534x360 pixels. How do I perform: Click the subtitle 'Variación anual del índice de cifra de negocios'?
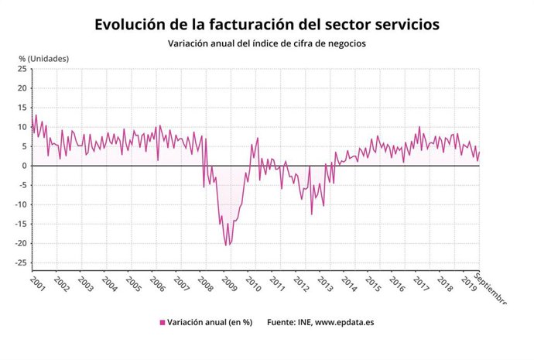266,44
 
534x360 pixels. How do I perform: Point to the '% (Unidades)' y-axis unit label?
44,59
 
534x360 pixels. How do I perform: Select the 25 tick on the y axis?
22,69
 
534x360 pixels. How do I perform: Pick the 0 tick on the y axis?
26,166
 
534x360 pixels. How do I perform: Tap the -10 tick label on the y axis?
21,205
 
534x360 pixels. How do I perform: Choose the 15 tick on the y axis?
22,108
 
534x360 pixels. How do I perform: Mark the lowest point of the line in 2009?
226,245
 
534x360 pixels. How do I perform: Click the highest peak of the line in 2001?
36,115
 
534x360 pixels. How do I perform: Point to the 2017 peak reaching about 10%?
419,127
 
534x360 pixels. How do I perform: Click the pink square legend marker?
163,323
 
